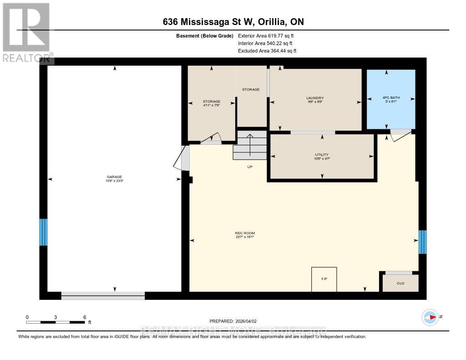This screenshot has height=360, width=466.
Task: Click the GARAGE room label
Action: pos(115,179)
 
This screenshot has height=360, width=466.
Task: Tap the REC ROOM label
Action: pos(241,235)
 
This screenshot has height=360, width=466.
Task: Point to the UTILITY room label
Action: pos(322,157)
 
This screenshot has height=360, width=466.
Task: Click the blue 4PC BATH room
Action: pos(391,99)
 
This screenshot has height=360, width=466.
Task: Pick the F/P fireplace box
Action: pos(324,279)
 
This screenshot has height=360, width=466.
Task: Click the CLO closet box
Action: pos(400,283)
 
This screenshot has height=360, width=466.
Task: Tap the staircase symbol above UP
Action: pos(250,146)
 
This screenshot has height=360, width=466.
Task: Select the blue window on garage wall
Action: pos(43,232)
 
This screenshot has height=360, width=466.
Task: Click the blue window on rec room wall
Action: pos(422,242)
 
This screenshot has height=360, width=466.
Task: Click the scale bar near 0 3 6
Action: pos(56,322)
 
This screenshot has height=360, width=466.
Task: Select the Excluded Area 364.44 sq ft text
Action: pos(267,51)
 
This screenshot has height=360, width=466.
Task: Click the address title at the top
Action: pos(233,22)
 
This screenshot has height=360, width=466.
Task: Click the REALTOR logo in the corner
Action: pos(25,32)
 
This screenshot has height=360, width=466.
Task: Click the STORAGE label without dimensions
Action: pos(251,89)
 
